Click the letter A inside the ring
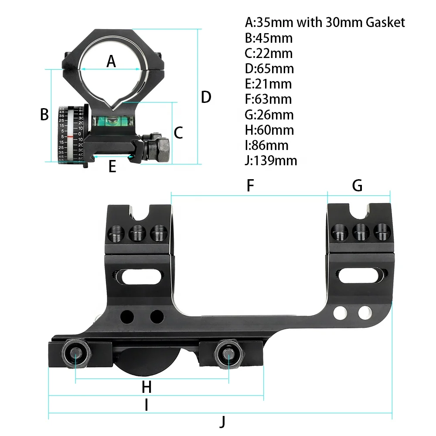pos(112,61)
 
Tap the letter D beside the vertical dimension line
pos(206,97)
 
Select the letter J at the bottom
pos(223,422)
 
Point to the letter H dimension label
pos(146,386)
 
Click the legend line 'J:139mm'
pos(271,160)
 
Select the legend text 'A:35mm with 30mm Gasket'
pos(325,22)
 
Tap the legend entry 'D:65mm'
pos(269,68)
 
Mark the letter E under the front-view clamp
pos(112,166)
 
